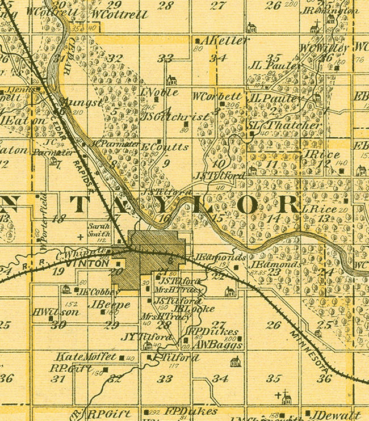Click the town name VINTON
coord(90,264)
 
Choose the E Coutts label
coord(165,146)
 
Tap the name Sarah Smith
coord(98,229)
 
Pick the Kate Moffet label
coord(87,357)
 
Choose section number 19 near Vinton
coord(58,272)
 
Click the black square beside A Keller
coord(196,41)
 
